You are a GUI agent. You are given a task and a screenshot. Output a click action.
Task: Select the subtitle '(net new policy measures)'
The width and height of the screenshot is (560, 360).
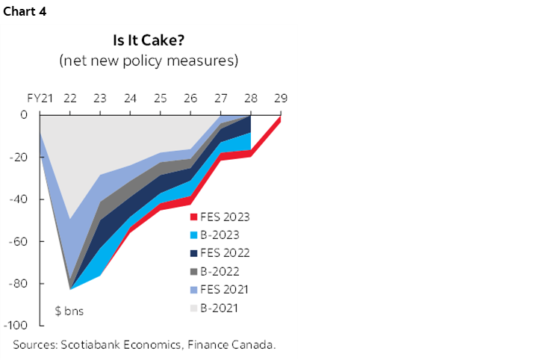[149, 60]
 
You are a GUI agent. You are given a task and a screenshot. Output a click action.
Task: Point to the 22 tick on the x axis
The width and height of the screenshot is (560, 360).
[71, 98]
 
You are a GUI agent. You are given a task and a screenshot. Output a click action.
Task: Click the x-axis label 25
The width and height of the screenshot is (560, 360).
[160, 98]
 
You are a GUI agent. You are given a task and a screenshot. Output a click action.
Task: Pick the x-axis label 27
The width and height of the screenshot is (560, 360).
[221, 98]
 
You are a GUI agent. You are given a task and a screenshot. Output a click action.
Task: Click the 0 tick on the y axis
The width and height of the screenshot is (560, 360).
[24, 115]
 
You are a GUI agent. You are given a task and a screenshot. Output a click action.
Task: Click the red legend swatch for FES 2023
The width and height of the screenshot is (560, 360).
[194, 218]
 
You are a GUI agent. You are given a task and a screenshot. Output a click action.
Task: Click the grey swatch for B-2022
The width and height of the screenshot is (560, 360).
[194, 270]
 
